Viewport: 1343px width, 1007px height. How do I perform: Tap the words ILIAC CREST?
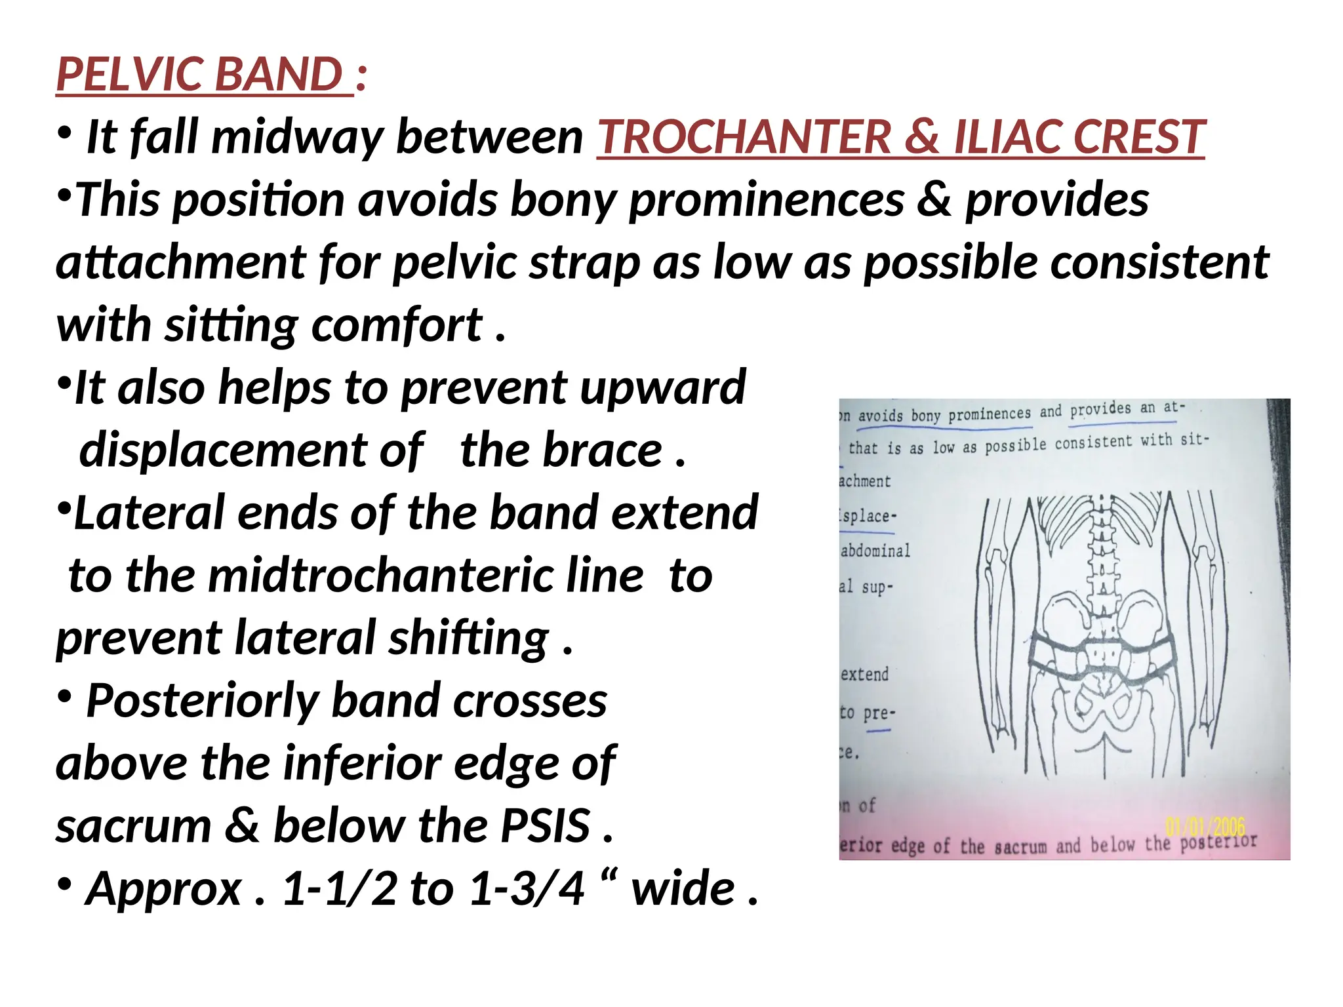coord(1079,137)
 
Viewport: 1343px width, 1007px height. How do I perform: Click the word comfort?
coord(396,325)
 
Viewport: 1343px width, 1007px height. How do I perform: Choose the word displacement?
coord(251,450)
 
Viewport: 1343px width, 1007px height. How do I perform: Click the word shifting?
coord(468,639)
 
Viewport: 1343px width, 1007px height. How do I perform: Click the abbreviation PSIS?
coord(544,826)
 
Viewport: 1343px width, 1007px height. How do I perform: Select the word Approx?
coord(164,889)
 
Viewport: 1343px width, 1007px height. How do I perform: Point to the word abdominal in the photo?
coord(875,551)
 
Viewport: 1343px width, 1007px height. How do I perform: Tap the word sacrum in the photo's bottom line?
coord(1020,847)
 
